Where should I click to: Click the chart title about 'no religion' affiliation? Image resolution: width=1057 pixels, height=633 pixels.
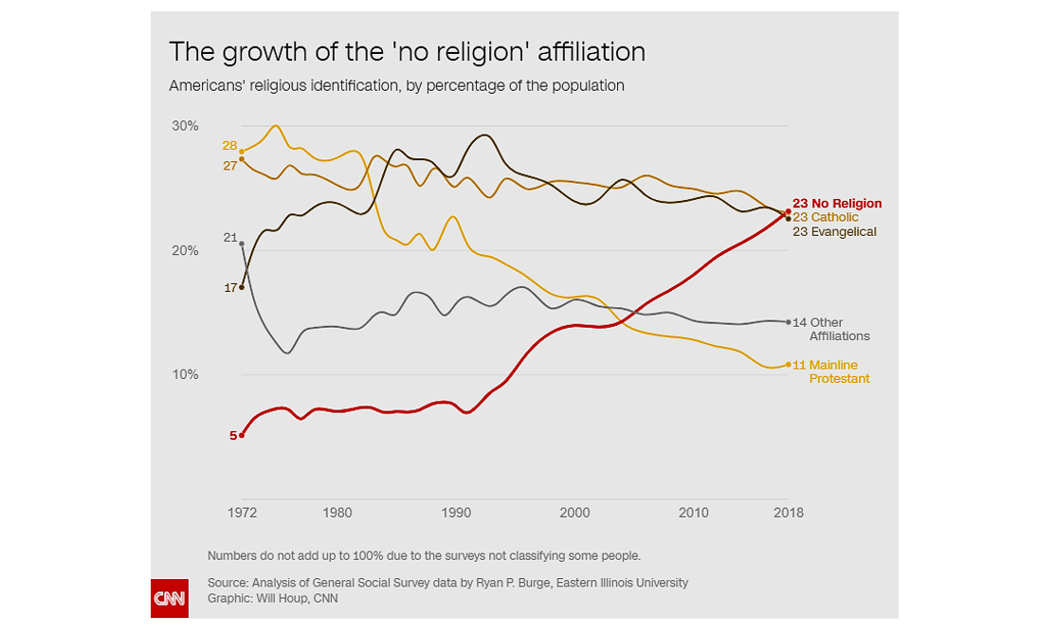tap(407, 51)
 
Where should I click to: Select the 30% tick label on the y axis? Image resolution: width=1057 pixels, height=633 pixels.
tap(185, 126)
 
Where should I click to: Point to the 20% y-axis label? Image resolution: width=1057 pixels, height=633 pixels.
tap(185, 251)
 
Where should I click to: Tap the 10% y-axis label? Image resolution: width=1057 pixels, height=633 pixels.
tap(185, 375)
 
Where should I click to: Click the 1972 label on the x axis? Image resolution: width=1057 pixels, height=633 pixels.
tap(242, 513)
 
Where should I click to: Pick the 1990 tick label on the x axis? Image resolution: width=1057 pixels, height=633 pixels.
tap(456, 513)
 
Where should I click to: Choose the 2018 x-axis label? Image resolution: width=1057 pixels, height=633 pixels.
tap(788, 513)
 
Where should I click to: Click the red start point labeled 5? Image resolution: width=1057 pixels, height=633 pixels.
tap(242, 435)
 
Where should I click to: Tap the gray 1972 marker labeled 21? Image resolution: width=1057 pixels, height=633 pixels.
tap(242, 244)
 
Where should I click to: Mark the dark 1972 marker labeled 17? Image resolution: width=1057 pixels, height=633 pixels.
tap(242, 287)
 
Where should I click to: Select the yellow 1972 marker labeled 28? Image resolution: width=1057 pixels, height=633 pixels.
tap(242, 152)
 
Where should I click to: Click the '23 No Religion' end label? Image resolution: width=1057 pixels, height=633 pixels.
tap(837, 203)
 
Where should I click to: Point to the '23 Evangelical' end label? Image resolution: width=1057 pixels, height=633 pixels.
tap(834, 231)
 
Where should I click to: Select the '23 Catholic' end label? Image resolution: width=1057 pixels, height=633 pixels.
tap(826, 217)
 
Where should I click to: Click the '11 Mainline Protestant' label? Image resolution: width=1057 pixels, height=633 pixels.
tap(830, 371)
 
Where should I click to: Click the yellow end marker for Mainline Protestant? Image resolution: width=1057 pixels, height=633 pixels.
tap(788, 365)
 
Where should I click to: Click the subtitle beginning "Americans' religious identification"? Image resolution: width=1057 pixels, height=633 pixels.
tap(396, 85)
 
